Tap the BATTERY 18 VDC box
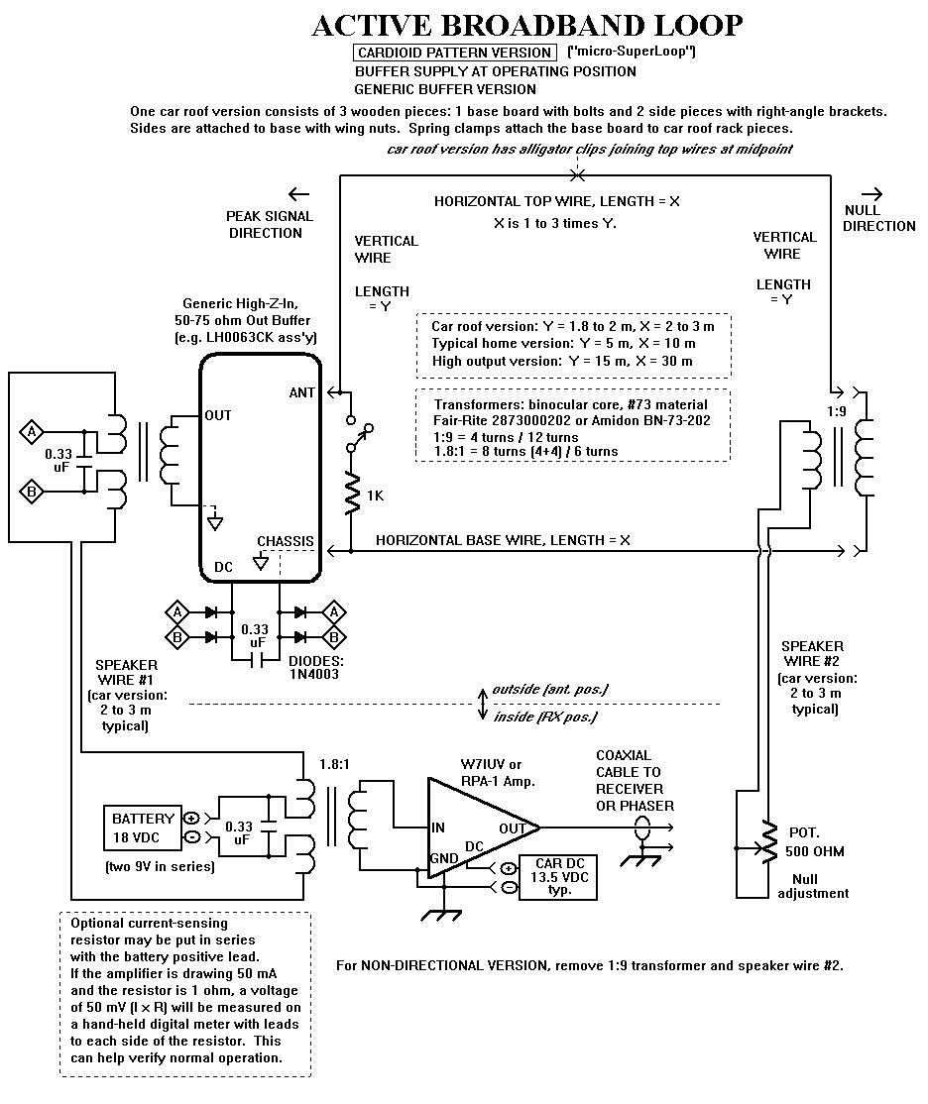tap(143, 828)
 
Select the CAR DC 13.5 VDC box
tap(558, 877)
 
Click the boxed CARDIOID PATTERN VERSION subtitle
tap(454, 53)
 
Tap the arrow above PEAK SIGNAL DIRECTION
tap(298, 194)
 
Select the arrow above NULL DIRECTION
tap(872, 193)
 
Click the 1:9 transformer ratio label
tap(837, 411)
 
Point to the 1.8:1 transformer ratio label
tap(334, 765)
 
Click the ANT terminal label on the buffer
tap(301, 392)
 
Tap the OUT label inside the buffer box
tap(218, 415)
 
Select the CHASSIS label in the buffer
tap(285, 541)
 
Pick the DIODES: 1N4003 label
tap(315, 668)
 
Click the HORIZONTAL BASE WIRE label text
tap(503, 540)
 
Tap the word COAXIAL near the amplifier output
tap(624, 755)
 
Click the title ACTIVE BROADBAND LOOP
tap(527, 26)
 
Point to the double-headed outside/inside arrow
tap(483, 704)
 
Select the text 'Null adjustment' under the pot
tap(812, 886)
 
